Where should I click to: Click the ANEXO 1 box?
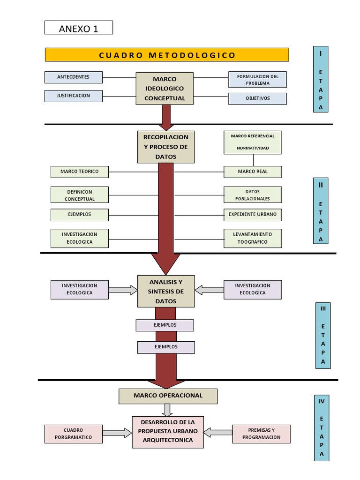pos(79,28)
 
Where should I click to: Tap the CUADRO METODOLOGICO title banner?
pos(167,55)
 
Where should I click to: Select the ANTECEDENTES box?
pos(74,77)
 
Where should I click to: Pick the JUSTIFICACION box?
pos(74,96)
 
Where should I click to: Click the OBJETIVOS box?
pos(257,99)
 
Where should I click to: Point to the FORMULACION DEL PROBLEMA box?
pos(257,80)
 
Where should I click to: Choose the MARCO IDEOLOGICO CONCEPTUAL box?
pos(165,89)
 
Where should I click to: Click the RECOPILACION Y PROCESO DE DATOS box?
pos(166,147)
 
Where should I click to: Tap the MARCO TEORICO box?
pos(79,172)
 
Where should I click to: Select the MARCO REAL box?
pos(253,172)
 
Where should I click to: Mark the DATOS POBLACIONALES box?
pos(253,195)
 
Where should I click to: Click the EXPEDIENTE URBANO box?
pos(253,215)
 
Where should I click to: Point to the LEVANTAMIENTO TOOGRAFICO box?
pos(253,238)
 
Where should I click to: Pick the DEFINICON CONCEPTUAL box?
pos(79,195)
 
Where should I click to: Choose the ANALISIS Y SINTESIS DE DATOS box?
pos(166,292)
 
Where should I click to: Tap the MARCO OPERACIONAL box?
pos(168,396)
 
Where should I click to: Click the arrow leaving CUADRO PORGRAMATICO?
pos(117,433)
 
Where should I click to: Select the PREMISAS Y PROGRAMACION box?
pos(262,434)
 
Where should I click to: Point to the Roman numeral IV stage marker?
pos(322,401)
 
